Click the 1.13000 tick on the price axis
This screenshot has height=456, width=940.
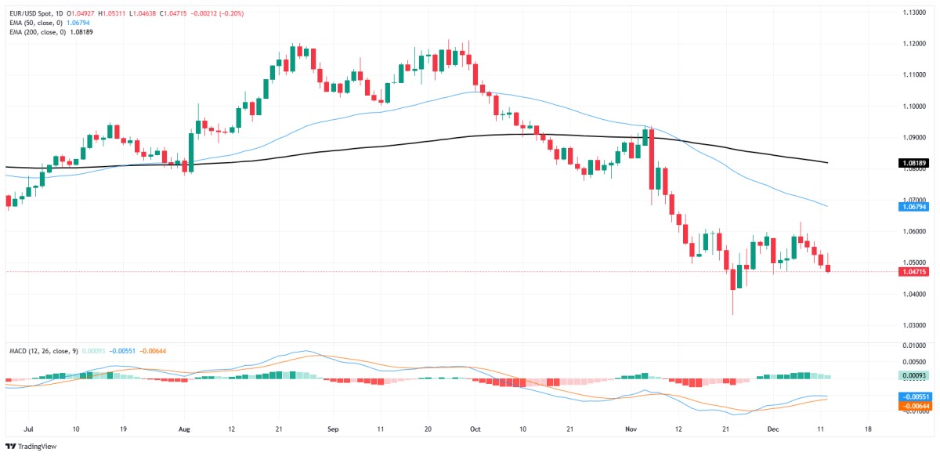coord(913,13)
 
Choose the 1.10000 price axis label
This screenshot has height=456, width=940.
coord(913,106)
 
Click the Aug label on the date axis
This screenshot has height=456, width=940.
coord(185,430)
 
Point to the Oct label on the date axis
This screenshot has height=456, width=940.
coord(475,430)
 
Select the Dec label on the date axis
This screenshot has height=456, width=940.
coord(774,430)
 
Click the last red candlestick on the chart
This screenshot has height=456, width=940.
coord(828,269)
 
